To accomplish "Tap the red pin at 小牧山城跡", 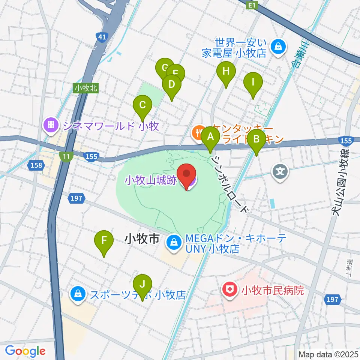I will [x=188, y=175].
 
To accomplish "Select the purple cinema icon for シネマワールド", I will [x=50, y=125].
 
